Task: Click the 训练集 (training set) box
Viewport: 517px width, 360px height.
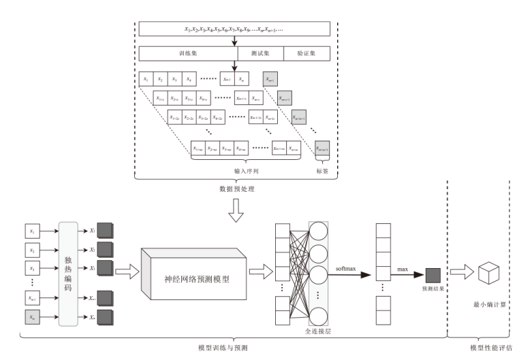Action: coord(187,53)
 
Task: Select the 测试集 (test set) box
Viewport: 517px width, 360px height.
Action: coord(257,53)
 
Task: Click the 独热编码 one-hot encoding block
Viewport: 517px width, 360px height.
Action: coord(70,272)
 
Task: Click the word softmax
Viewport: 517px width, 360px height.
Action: coord(346,270)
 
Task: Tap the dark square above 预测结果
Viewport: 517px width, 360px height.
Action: coord(433,275)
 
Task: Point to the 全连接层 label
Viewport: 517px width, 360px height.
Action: coord(318,331)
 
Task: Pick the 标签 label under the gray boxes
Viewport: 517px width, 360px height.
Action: coord(322,171)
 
